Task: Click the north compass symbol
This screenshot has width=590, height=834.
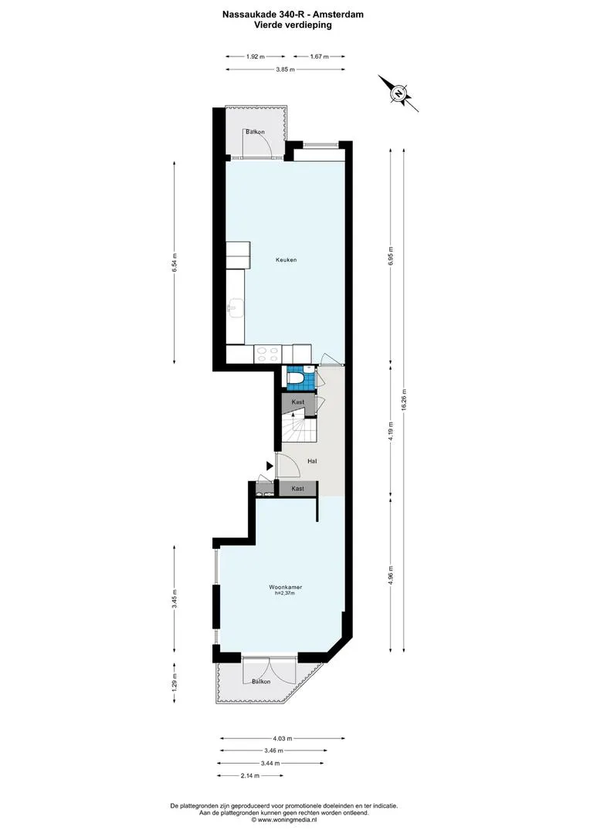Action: click(x=398, y=93)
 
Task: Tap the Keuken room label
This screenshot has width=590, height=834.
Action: click(x=287, y=260)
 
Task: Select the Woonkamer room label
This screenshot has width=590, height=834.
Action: click(x=285, y=587)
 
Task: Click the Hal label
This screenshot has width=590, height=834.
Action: click(x=312, y=461)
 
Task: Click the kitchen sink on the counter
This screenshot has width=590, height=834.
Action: click(x=235, y=308)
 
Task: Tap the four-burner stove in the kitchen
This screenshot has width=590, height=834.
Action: click(x=268, y=354)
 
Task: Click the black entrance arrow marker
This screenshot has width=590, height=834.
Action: click(x=270, y=466)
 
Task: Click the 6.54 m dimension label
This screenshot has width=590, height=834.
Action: click(x=175, y=263)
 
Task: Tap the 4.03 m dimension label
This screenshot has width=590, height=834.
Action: click(x=283, y=738)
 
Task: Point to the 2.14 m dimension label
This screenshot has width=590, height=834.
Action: click(x=250, y=775)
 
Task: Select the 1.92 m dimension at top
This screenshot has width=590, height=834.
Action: click(x=256, y=56)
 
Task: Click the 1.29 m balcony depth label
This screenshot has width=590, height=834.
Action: click(x=175, y=683)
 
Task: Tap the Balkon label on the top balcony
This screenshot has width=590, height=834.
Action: click(x=256, y=132)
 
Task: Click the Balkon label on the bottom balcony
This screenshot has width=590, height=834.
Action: click(x=261, y=681)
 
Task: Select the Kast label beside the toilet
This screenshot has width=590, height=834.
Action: click(x=298, y=402)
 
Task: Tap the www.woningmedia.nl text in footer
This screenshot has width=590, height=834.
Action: click(x=287, y=820)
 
